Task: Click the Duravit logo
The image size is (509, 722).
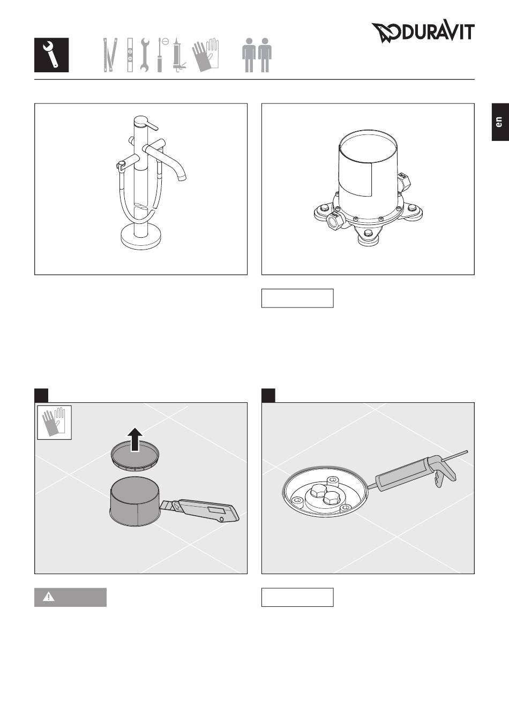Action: pyautogui.click(x=423, y=32)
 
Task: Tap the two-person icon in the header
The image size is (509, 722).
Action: pyautogui.click(x=257, y=55)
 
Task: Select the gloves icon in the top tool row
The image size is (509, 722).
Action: pyautogui.click(x=205, y=55)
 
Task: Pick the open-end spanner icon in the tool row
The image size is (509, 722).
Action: pyautogui.click(x=145, y=55)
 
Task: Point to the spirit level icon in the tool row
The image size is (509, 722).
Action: pyautogui.click(x=130, y=55)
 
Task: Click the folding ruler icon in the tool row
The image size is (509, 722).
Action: pyautogui.click(x=110, y=55)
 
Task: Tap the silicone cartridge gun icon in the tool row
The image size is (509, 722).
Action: pyautogui.click(x=178, y=55)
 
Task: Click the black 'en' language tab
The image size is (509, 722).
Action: pyautogui.click(x=500, y=122)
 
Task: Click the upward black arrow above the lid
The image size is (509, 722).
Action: pyautogui.click(x=136, y=439)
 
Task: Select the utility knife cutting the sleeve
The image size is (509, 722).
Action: pyautogui.click(x=200, y=510)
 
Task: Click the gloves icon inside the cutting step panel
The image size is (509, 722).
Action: pyautogui.click(x=54, y=422)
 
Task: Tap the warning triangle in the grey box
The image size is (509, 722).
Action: pyautogui.click(x=49, y=597)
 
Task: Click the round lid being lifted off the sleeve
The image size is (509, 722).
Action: pyautogui.click(x=135, y=458)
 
